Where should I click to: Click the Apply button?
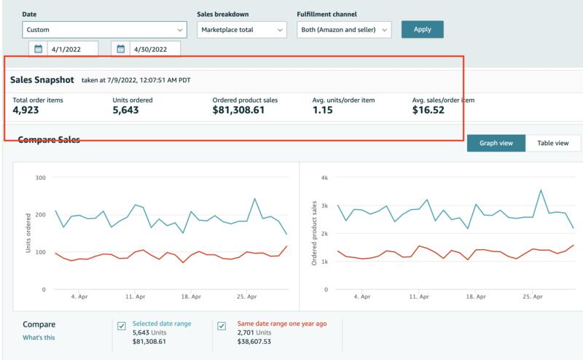tap(423, 29)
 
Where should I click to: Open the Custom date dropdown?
tap(104, 30)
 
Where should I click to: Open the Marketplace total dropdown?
tap(242, 30)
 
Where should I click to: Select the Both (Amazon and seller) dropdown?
tap(344, 30)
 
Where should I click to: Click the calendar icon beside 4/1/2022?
tap(39, 49)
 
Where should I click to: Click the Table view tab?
tap(553, 143)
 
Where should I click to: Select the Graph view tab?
tap(496, 143)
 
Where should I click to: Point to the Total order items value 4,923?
tap(26, 110)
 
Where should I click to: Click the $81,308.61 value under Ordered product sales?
tap(238, 110)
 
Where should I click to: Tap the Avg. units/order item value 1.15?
tap(322, 110)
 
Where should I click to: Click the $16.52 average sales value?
tap(428, 110)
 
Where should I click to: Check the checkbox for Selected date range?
tap(122, 326)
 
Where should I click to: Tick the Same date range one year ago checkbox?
tap(222, 326)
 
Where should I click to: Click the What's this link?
tap(39, 337)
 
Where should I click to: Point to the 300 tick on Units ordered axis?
tap(41, 178)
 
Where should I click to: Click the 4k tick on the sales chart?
tap(324, 178)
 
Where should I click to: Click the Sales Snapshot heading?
tap(42, 80)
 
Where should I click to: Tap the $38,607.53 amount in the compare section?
tap(254, 341)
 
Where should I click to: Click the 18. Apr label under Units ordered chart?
tap(191, 297)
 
